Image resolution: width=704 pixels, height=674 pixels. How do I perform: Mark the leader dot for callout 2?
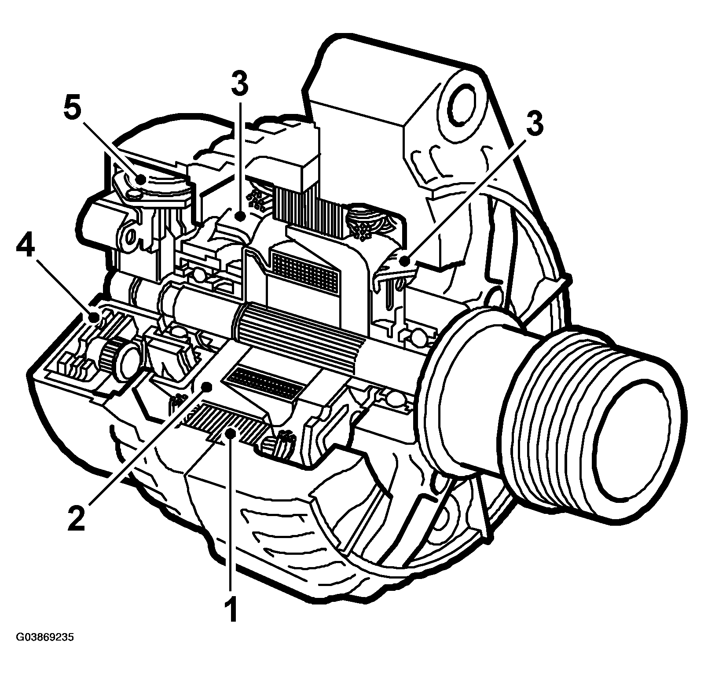coord(205,387)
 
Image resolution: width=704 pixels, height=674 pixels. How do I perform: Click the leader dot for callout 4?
coord(93,317)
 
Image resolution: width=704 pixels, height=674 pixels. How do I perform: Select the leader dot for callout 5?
coord(140,179)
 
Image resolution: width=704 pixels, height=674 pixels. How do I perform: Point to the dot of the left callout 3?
coord(239,216)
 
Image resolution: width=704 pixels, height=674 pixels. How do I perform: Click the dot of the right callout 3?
coord(405,261)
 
